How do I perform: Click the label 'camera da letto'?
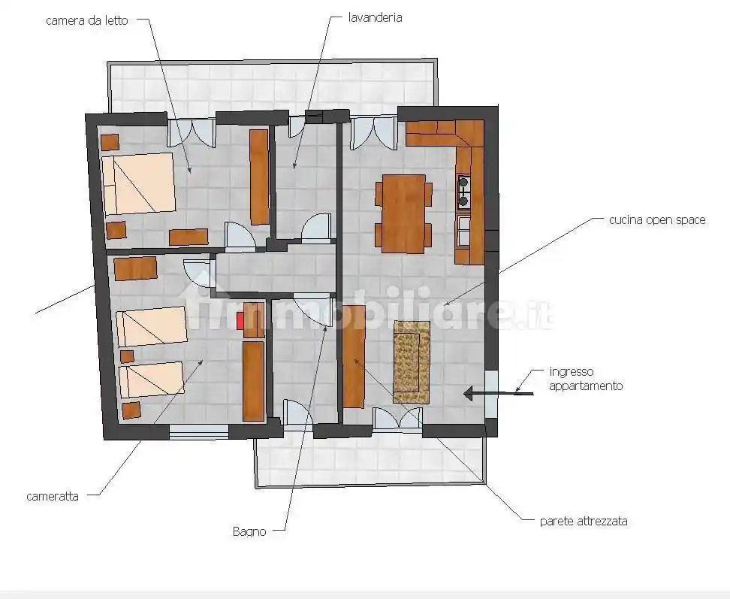(86, 20)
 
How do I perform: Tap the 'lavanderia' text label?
(376, 18)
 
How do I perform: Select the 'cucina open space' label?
(657, 220)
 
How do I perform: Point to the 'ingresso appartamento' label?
(586, 379)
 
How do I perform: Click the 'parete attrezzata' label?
(584, 521)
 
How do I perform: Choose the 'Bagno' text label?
(249, 531)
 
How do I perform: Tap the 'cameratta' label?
(53, 496)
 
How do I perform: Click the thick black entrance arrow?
(499, 394)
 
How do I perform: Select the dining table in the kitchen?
(403, 213)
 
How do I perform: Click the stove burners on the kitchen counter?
(463, 192)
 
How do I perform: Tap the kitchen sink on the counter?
(464, 231)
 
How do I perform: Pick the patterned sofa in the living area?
(412, 362)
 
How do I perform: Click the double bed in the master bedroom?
(138, 183)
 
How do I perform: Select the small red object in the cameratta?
(240, 322)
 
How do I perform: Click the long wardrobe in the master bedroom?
(259, 177)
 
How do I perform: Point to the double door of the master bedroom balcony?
(192, 133)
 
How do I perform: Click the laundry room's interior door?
(317, 227)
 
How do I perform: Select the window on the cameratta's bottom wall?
(199, 432)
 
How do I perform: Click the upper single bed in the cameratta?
(151, 325)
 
